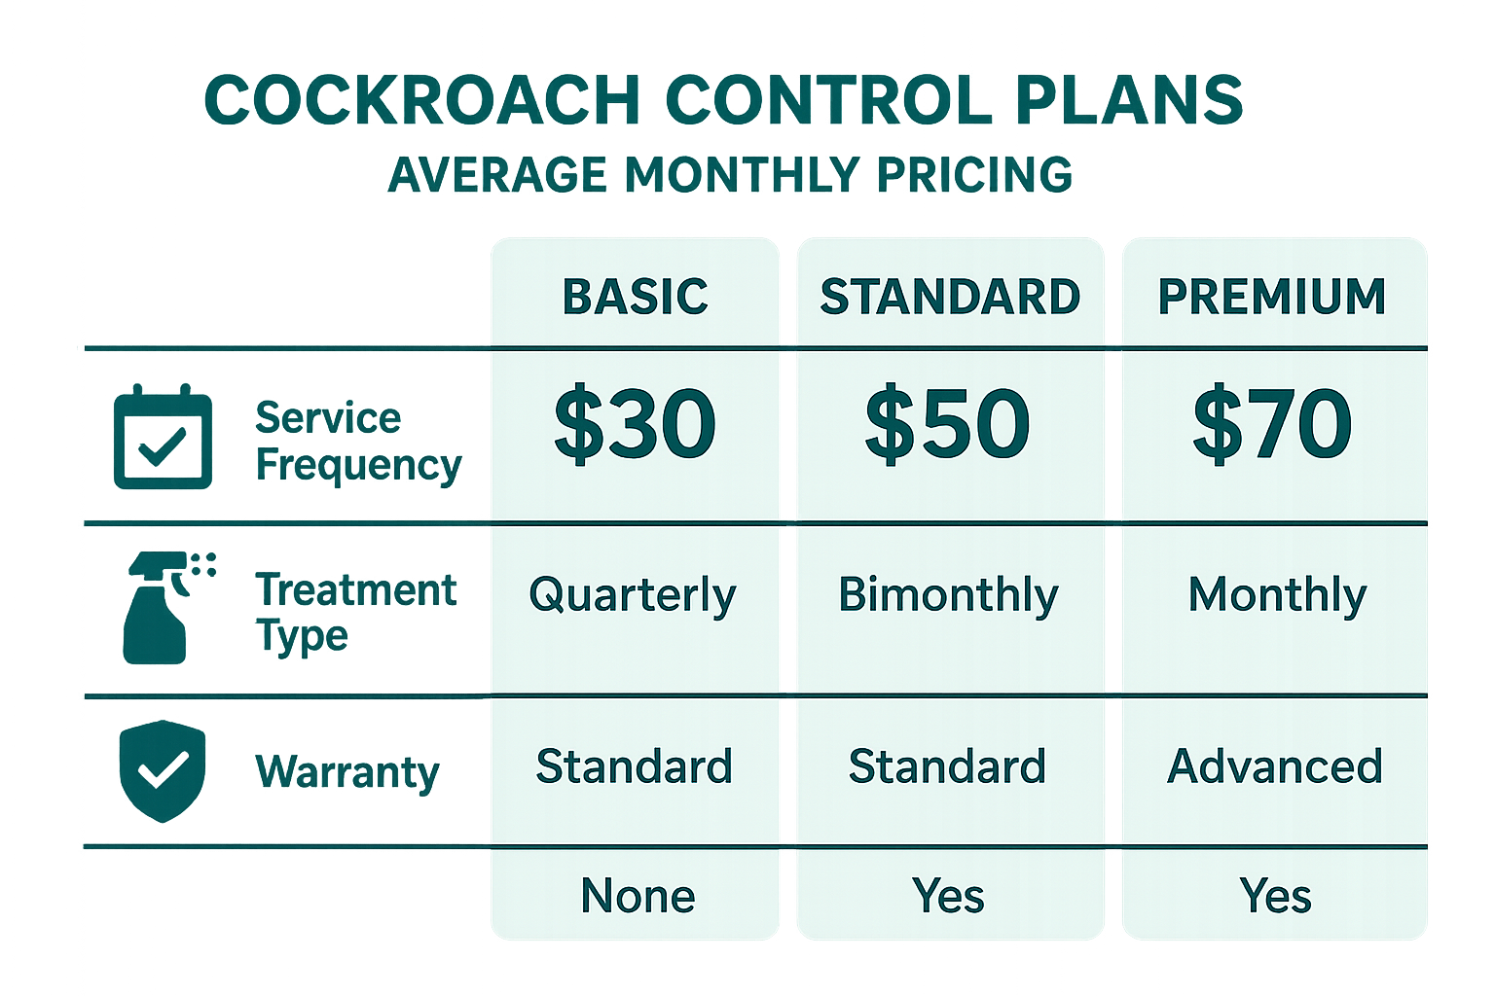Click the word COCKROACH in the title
pos(421,100)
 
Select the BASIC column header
pos(635,297)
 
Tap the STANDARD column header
pos(950,297)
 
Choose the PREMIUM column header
pos(1272,297)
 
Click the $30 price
pos(635,424)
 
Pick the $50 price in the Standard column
pos(947,424)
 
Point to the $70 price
pos(1272,424)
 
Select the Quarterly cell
pos(633,595)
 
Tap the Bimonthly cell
pos(948,595)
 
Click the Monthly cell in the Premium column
pos(1277,595)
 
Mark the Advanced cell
pos(1275,766)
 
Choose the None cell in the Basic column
pos(638,896)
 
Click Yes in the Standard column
pos(948,896)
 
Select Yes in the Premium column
pos(1275,896)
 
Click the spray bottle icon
pos(161,608)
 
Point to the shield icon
pos(163,770)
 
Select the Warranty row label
pos(347,772)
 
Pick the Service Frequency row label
pos(357,442)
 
